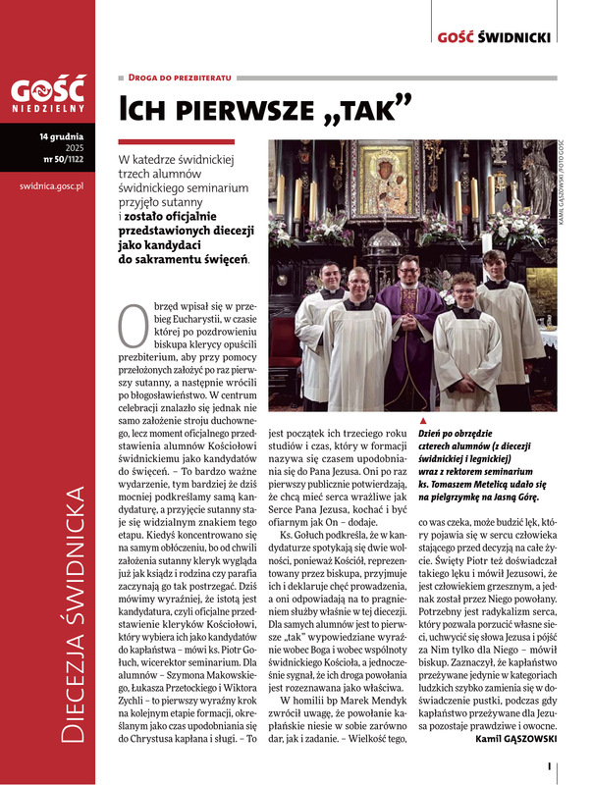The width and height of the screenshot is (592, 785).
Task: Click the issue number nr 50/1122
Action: [x=62, y=157]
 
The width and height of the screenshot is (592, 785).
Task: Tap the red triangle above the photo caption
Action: [x=422, y=420]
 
